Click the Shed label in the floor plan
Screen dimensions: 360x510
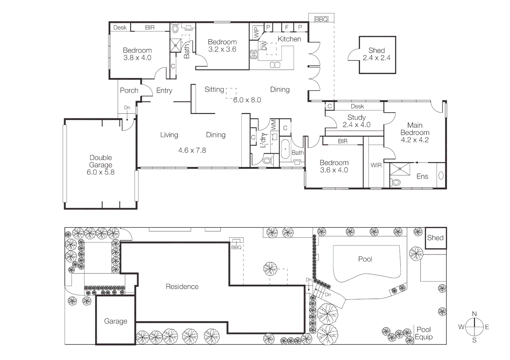click(x=377, y=51)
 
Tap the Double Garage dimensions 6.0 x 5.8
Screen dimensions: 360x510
click(x=100, y=172)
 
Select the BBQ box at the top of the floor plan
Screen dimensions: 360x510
click(x=321, y=19)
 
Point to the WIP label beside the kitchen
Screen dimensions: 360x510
click(x=257, y=32)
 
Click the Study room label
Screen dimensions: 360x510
click(x=357, y=117)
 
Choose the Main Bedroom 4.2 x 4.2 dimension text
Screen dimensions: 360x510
click(x=415, y=140)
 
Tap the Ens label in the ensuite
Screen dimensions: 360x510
click(x=422, y=176)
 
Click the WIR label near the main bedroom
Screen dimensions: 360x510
click(x=376, y=165)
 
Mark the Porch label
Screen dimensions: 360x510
click(x=129, y=90)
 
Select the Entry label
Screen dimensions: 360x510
click(x=164, y=90)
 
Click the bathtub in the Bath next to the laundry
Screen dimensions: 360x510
click(x=285, y=149)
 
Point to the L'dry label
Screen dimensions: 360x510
click(x=263, y=140)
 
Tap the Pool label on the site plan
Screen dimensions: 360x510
click(x=365, y=259)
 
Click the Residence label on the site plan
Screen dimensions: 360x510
click(x=182, y=287)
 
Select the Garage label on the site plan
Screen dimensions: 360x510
click(x=115, y=321)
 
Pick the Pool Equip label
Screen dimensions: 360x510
click(x=424, y=333)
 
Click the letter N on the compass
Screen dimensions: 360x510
click(x=474, y=314)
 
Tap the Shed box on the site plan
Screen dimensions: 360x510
click(x=435, y=238)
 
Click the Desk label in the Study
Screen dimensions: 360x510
click(x=357, y=106)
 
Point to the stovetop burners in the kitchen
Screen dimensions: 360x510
click(x=253, y=54)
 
